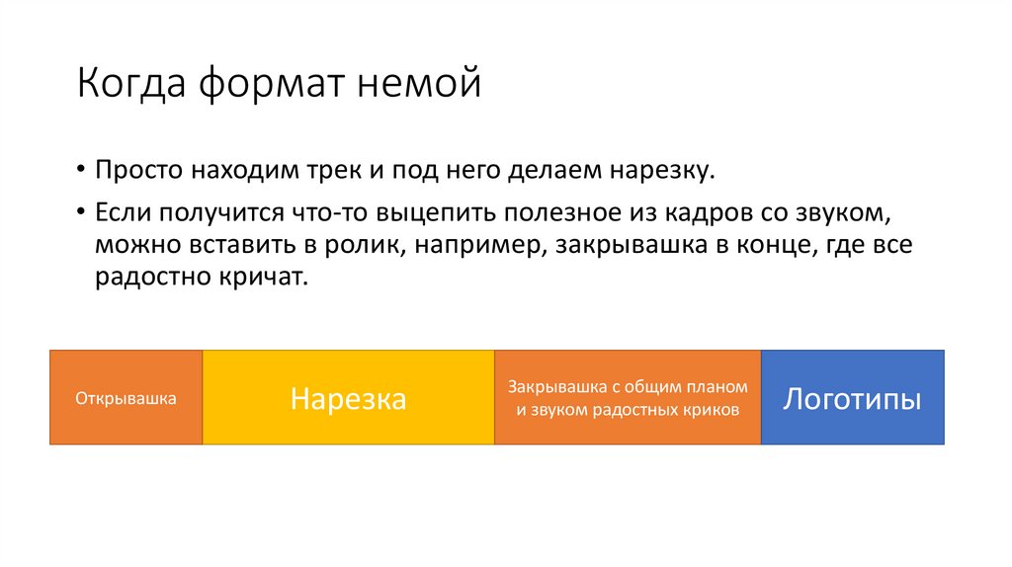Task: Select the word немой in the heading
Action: click(x=419, y=83)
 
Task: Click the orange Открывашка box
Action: click(x=126, y=397)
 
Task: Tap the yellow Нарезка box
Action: click(x=348, y=397)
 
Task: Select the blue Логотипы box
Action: click(x=852, y=397)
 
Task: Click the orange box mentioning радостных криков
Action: click(x=628, y=397)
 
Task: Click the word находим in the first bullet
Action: click(x=216, y=171)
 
